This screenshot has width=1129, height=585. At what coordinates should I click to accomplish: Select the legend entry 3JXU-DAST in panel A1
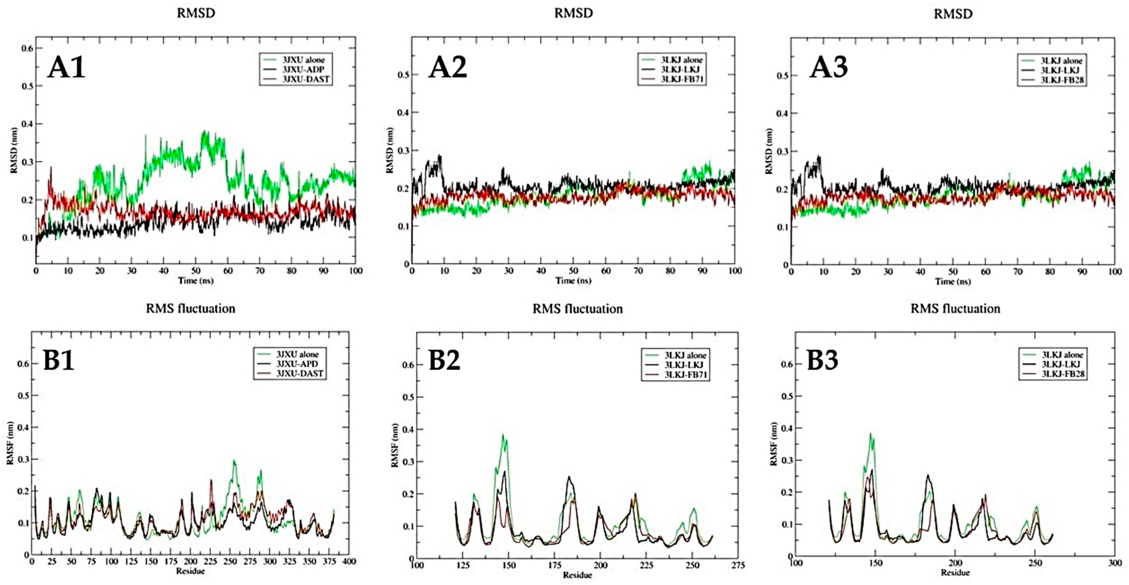pos(306,79)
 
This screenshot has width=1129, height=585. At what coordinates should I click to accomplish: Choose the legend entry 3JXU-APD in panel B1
pos(297,364)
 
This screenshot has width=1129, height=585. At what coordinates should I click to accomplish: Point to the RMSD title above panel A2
pos(573,13)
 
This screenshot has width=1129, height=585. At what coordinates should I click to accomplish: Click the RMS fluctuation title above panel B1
pos(190,309)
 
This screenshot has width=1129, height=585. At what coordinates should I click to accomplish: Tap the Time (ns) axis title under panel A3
pos(952,281)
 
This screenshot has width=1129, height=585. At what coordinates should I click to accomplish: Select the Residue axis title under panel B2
pos(577,575)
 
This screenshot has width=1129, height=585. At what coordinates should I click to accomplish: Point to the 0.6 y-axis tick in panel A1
pos(27,48)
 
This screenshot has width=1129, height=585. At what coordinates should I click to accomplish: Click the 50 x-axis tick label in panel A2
pos(573,271)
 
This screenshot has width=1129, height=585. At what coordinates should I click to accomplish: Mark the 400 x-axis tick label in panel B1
pos(349,561)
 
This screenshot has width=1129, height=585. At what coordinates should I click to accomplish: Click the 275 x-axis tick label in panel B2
pos(738,565)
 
